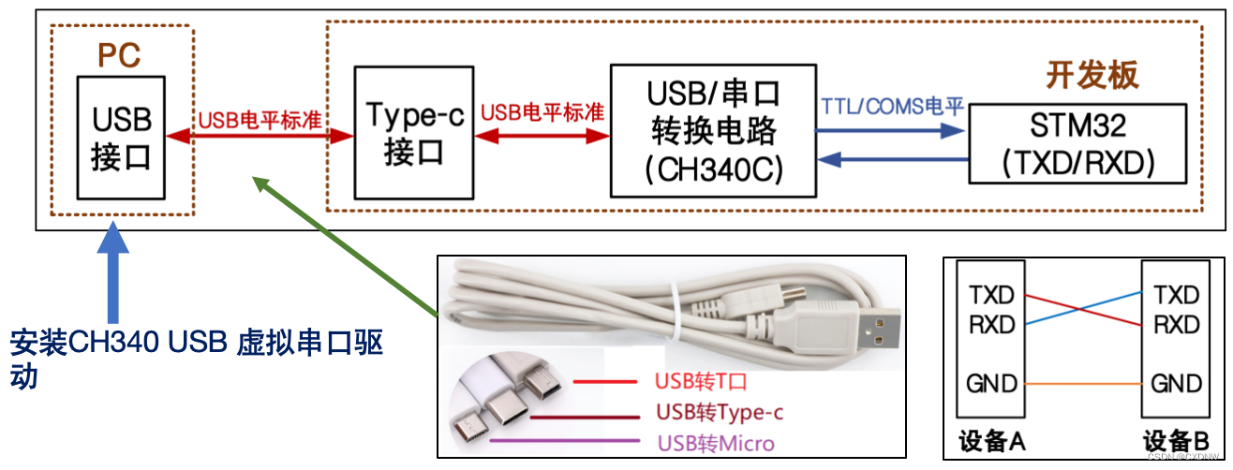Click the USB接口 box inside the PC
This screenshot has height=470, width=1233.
point(120,137)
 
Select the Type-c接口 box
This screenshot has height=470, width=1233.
point(412,133)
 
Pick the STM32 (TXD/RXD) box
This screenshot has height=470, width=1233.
point(1077,143)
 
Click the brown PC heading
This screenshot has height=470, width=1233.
point(120,55)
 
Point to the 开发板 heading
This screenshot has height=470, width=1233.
point(1092,76)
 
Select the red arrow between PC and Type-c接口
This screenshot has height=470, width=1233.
point(272,137)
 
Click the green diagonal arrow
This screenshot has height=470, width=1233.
point(347,245)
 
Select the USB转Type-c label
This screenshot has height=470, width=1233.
point(719,412)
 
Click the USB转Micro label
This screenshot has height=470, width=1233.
point(716,443)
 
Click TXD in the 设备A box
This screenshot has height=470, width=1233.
point(992,296)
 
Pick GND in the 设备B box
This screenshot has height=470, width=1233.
point(1176,384)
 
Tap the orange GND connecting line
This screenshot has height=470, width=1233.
point(1084,384)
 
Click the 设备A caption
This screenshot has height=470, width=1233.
point(991,442)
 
